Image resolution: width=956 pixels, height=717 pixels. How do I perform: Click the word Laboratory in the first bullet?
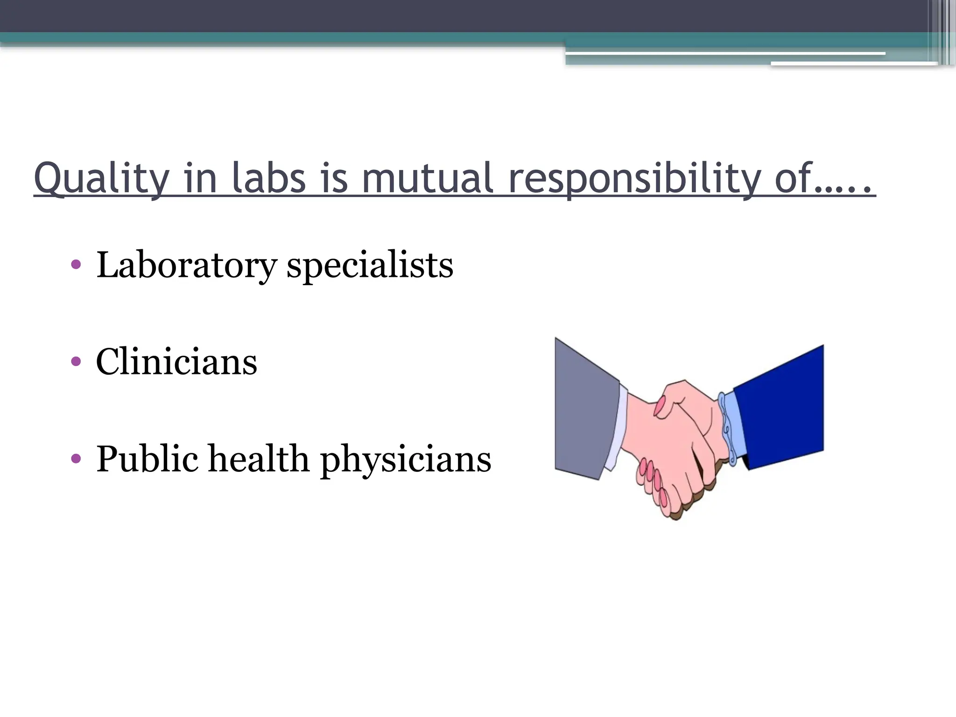(186, 265)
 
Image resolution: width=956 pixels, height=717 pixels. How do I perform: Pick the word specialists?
(370, 265)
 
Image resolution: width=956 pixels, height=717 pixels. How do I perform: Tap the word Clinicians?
(176, 362)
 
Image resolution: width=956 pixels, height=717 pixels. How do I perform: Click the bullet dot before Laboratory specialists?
(76, 265)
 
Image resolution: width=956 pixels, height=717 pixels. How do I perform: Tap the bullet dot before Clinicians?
(76, 362)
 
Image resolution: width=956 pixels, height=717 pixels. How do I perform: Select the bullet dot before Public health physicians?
(76, 459)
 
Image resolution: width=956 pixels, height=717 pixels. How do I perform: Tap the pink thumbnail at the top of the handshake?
(659, 406)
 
